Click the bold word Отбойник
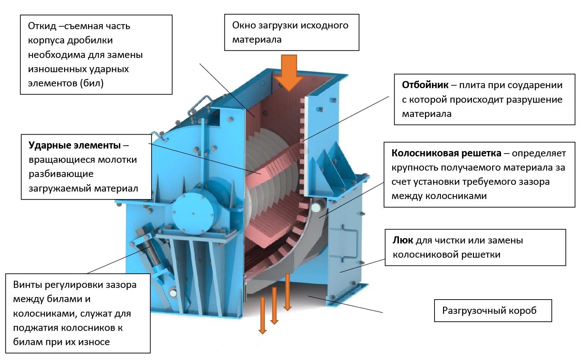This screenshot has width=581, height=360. click(425, 85)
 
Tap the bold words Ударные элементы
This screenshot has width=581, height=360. click(75, 145)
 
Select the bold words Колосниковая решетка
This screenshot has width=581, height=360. click(446, 153)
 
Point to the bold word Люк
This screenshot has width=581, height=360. click(403, 240)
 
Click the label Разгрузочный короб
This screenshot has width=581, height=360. click(489, 311)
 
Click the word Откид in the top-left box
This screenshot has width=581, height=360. click(42, 26)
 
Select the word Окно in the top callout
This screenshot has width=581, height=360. click(244, 25)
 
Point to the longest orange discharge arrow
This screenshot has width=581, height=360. click(262, 316)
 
